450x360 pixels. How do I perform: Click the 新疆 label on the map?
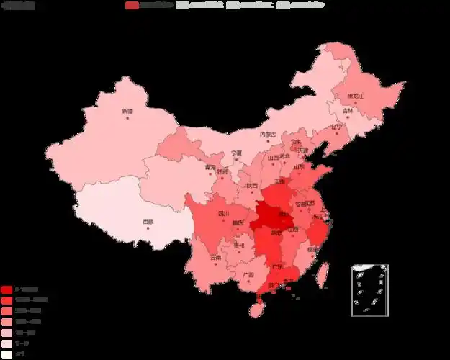[127, 111]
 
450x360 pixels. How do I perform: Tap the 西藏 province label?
[148, 221]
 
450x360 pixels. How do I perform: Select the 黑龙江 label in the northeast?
[356, 96]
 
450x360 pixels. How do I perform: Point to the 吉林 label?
[348, 111]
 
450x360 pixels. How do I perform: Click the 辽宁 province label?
[337, 127]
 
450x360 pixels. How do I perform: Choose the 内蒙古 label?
[268, 134]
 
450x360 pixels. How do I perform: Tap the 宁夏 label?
[237, 153]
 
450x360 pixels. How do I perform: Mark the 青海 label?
[210, 167]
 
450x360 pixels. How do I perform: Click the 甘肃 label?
[223, 172]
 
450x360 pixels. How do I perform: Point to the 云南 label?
[216, 257]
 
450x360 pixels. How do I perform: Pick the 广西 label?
[248, 274]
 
